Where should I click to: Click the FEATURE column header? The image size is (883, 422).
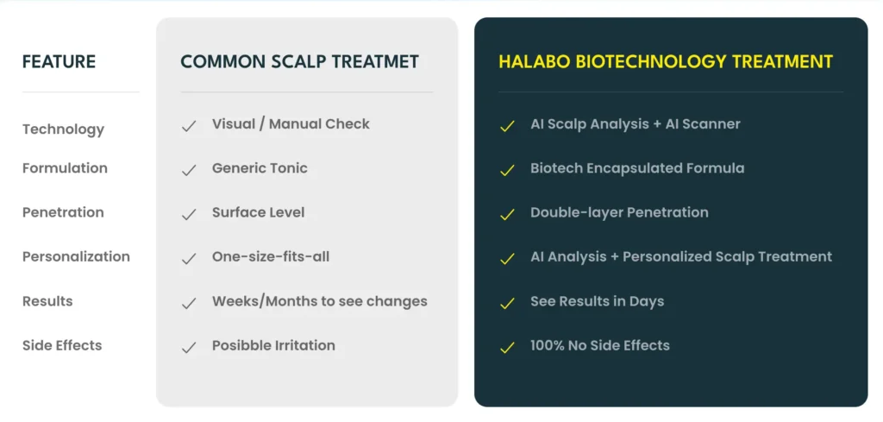coord(59,61)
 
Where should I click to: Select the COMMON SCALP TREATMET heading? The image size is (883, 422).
coord(299,61)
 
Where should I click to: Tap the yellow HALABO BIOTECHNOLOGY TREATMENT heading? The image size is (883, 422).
coord(666,61)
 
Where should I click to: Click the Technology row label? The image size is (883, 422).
coord(64,129)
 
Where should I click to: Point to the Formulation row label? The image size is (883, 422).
coord(65,168)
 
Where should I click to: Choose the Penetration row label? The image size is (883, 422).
coord(63,212)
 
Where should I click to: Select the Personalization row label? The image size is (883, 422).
coord(76,256)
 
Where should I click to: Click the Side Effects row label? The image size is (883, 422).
coord(62,345)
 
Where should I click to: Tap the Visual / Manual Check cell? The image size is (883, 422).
coord(291,124)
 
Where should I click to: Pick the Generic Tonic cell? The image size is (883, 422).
coord(260,168)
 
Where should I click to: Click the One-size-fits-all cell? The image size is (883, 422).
coord(271,256)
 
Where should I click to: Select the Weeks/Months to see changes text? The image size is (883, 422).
coord(320,301)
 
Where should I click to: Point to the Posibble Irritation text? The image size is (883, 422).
coord(273,345)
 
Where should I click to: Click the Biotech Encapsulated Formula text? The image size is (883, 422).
coord(637,168)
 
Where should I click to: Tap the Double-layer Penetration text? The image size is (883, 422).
coord(619,212)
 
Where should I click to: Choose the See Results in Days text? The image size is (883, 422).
coord(598,301)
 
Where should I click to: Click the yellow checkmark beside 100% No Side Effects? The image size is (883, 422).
coord(507,348)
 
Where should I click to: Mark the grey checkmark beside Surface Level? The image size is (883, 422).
coord(189,215)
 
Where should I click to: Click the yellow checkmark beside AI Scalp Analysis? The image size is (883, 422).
coord(507,126)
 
